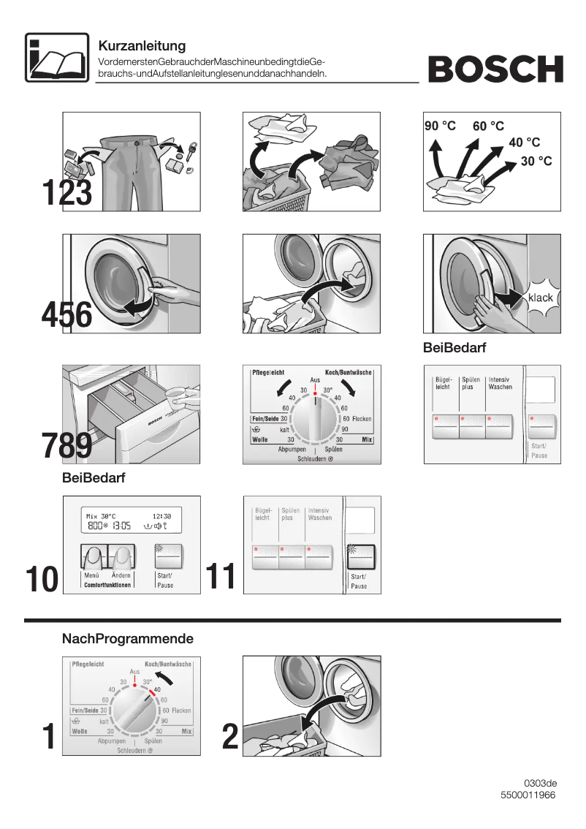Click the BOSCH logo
tap(495, 69)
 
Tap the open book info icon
tap(56, 56)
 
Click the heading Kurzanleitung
tap(142, 46)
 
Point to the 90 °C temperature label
tap(441, 126)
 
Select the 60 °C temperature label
tap(488, 126)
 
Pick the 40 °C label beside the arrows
tap(524, 143)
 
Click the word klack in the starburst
tap(540, 298)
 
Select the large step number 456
tap(66, 316)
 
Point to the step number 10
tap(42, 579)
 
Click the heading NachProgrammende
tap(128, 639)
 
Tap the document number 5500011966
tap(528, 795)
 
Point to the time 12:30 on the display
tap(162, 515)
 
